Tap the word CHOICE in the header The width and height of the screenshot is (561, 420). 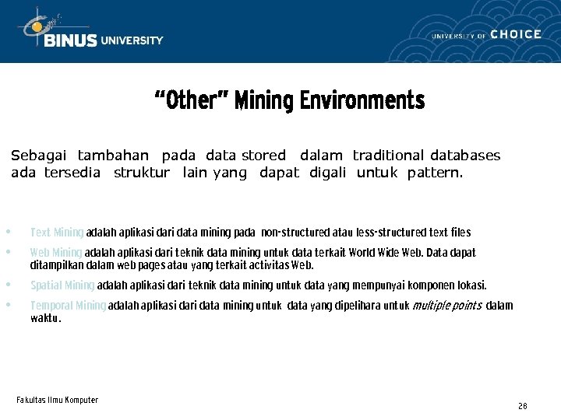516,34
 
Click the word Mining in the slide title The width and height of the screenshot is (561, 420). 264,101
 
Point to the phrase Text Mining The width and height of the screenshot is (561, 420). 57,233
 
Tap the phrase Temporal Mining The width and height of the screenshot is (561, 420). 68,306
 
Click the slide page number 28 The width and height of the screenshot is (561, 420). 522,406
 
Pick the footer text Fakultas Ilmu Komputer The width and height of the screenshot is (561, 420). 57,400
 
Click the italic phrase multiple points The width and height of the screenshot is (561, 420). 446,306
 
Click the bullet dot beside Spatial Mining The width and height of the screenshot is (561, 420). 8,284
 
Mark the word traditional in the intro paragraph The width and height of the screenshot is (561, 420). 387,156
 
